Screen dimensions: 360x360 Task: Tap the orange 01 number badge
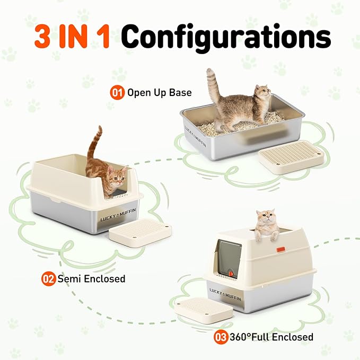[x=117, y=92]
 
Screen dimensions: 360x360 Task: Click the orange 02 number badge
[x=49, y=278]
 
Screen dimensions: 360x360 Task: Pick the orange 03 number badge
[x=221, y=337]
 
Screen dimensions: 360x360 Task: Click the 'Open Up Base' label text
[x=159, y=93]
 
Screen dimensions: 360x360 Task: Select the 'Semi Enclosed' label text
[x=91, y=278]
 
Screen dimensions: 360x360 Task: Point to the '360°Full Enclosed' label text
[x=271, y=337]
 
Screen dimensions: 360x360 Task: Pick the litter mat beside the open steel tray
[x=289, y=157]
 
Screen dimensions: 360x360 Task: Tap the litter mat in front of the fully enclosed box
[x=204, y=311]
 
